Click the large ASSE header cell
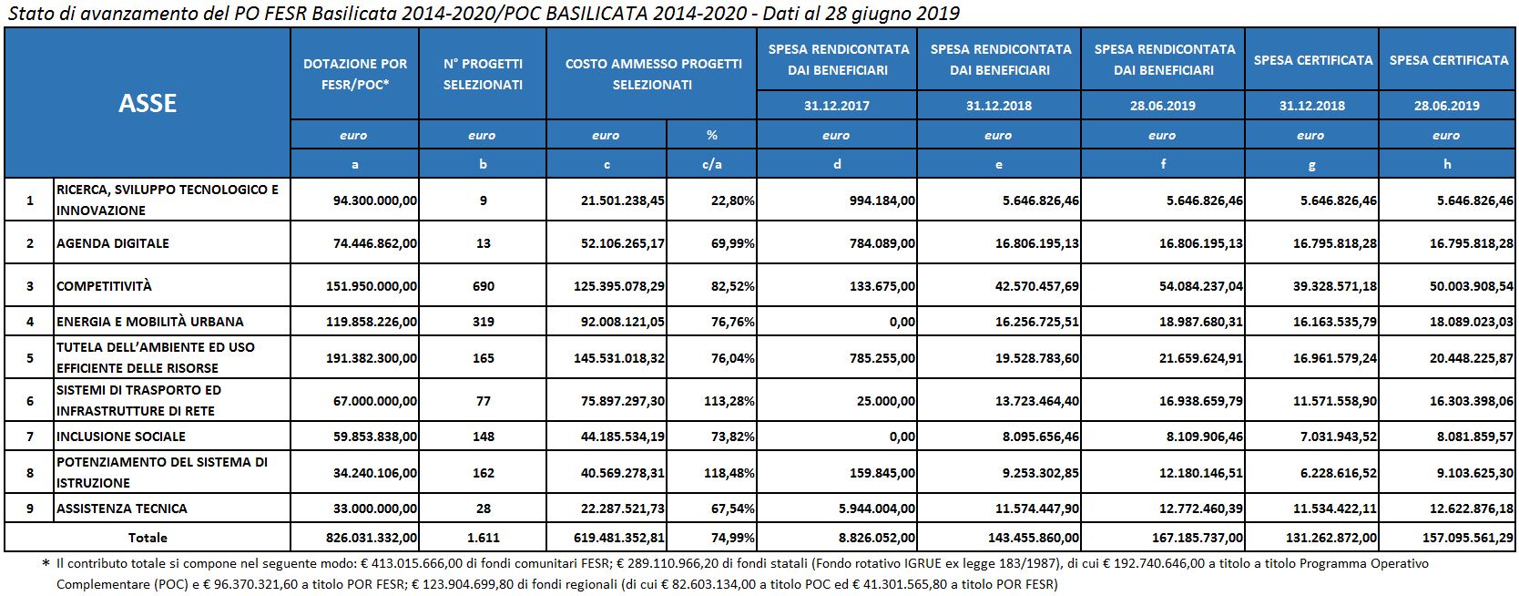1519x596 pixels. [148, 103]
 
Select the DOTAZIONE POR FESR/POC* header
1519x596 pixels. [355, 74]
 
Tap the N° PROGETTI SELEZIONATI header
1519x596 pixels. [483, 74]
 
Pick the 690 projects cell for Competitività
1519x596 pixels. [483, 286]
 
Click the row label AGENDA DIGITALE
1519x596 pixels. [113, 243]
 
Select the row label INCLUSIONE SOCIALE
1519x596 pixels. [121, 437]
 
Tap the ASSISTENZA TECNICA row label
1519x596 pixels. [122, 509]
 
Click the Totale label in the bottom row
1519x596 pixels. [148, 538]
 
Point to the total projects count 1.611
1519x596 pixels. [483, 538]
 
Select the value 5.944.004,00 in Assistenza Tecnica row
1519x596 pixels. [875, 509]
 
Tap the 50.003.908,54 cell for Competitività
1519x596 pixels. [1463, 286]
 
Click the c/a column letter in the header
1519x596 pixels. [711, 165]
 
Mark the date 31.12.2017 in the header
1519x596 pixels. [836, 105]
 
